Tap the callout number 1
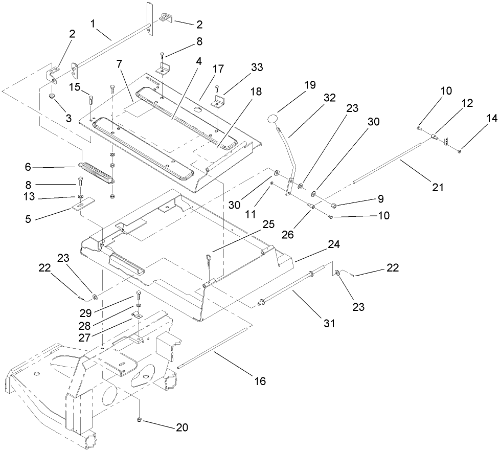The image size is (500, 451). (94, 23)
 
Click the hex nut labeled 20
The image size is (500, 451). (140, 420)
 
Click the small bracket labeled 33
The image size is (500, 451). (219, 100)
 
